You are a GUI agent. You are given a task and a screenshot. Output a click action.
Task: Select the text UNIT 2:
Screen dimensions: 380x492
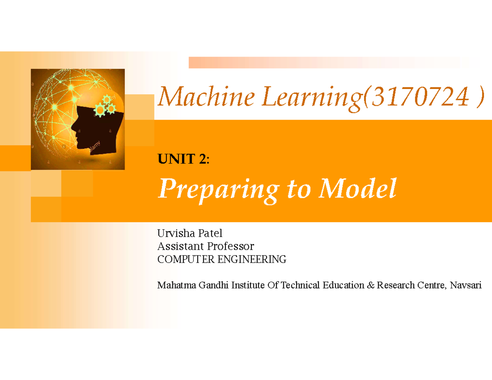click(x=183, y=159)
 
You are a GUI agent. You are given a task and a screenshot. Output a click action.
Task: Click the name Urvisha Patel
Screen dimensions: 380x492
click(x=189, y=234)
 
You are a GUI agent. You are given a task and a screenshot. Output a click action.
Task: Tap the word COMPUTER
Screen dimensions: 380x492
click(x=178, y=259)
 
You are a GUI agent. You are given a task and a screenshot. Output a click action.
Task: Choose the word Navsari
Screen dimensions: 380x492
click(x=466, y=285)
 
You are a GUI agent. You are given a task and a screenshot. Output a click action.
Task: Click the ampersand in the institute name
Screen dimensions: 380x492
click(x=371, y=285)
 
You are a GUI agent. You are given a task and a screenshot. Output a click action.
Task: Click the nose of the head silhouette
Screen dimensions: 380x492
click(x=73, y=128)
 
